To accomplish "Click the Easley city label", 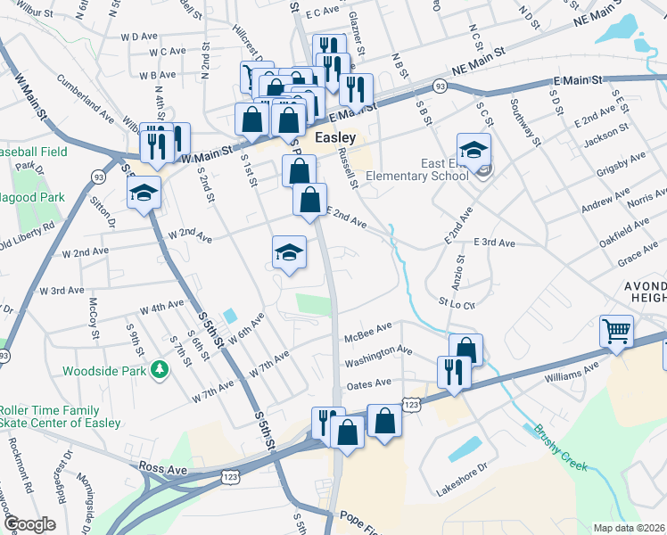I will pyautogui.click(x=335, y=138).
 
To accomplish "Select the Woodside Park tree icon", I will pyautogui.click(x=160, y=368).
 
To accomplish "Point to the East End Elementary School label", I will pyautogui.click(x=445, y=169).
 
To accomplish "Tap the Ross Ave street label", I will pyautogui.click(x=163, y=466).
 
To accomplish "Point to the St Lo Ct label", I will pyautogui.click(x=455, y=302).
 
